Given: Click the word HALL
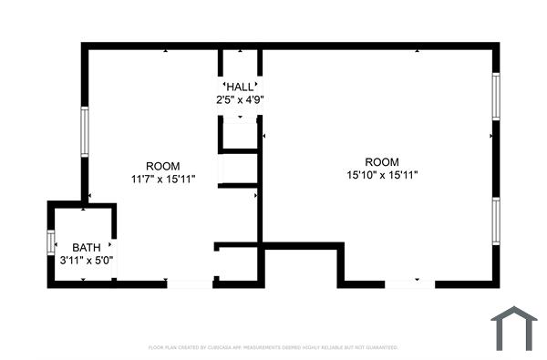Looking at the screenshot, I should tap(241, 87).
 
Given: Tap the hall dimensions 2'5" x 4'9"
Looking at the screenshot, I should tap(241, 99).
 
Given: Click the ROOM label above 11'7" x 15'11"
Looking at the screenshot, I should tap(163, 166).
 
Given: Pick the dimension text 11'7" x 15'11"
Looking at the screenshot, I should tap(163, 179).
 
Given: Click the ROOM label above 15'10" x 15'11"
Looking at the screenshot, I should tap(382, 162).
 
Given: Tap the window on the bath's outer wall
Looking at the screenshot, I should tap(51, 244).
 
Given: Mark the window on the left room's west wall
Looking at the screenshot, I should tap(84, 133).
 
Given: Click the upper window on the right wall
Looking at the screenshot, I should tap(496, 96).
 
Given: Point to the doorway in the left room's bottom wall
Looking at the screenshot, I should tap(191, 284).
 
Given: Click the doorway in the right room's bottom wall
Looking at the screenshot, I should tap(409, 284).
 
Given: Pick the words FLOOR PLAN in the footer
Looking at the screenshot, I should tap(161, 347).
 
